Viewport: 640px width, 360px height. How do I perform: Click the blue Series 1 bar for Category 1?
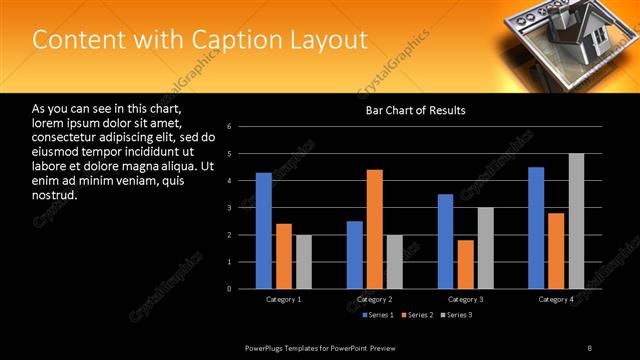[263, 231]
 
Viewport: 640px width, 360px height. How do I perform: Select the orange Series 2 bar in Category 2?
[375, 229]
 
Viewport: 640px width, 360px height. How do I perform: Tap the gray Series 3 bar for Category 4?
[576, 221]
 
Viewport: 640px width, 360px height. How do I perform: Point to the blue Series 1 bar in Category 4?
[536, 228]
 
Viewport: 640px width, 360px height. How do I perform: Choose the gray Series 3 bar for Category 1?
[304, 262]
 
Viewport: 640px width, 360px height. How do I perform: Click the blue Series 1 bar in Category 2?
[355, 255]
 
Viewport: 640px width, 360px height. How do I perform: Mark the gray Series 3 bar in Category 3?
[485, 248]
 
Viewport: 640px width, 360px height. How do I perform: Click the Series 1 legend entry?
[376, 315]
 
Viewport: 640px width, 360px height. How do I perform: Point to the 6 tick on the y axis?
[230, 127]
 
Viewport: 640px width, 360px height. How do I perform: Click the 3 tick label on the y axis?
[230, 208]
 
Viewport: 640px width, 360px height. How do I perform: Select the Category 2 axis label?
[374, 299]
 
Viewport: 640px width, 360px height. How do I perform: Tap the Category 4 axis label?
[556, 299]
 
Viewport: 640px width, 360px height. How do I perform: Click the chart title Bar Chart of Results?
[415, 110]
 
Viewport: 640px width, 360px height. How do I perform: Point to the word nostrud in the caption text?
[54, 194]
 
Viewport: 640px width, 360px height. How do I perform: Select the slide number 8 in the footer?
[590, 347]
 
